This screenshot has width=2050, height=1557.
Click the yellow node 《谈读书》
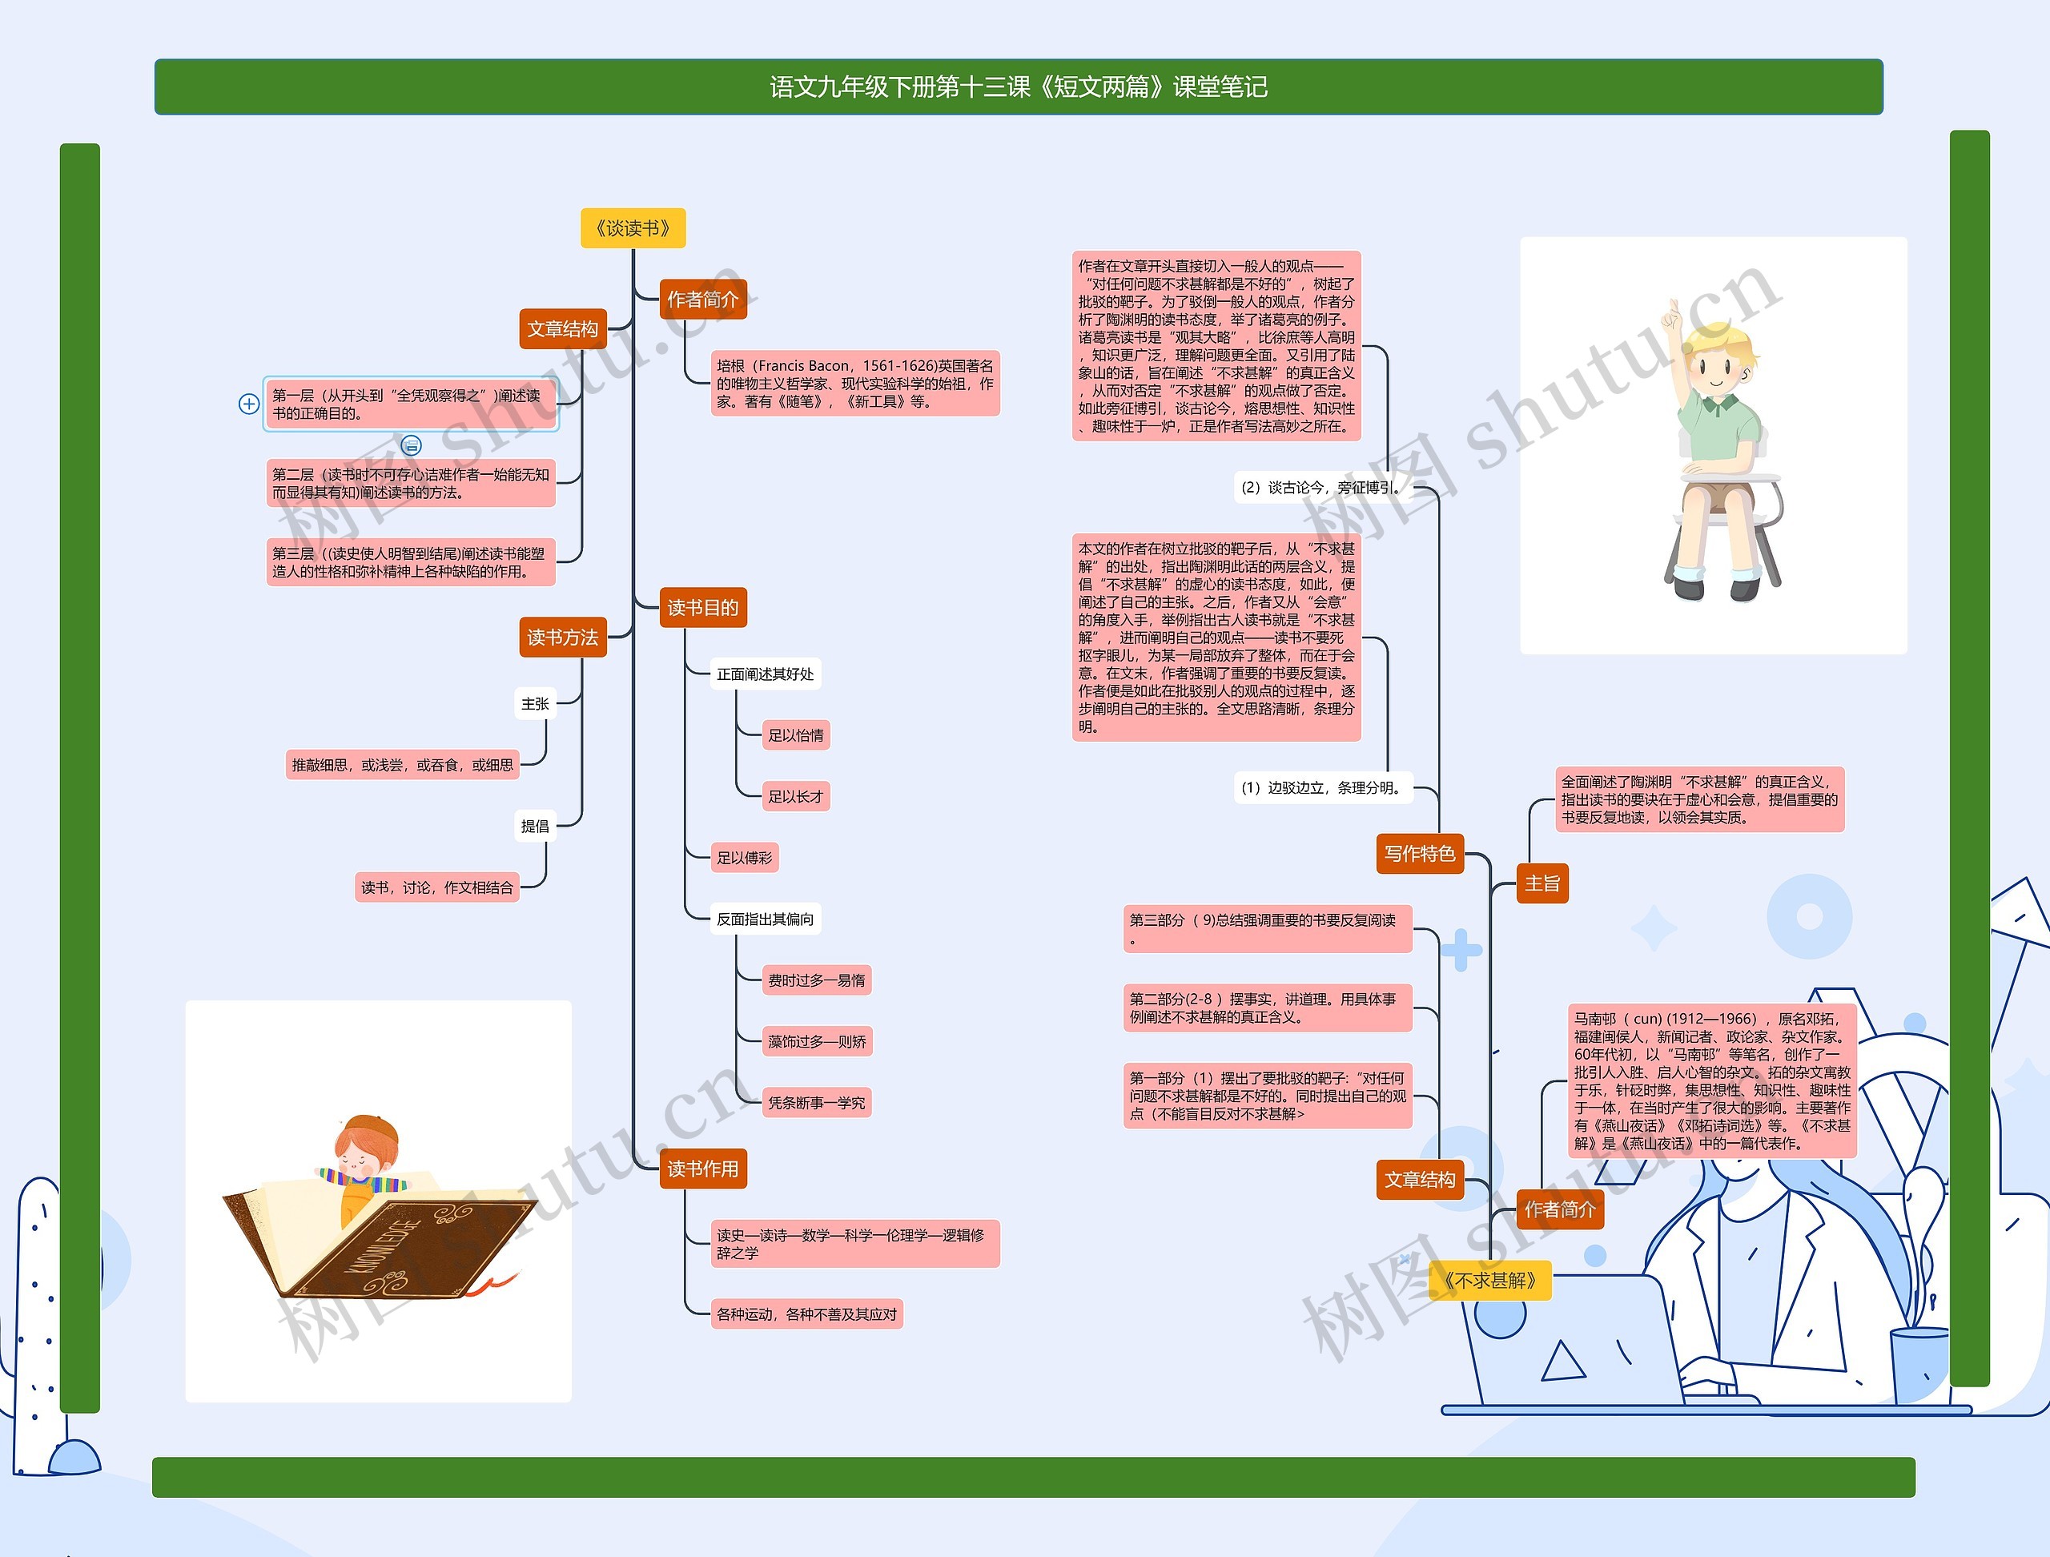pyautogui.click(x=633, y=228)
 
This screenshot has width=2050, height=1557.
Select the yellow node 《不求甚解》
pyautogui.click(x=1489, y=1280)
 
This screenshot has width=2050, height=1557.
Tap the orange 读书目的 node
pyautogui.click(x=702, y=608)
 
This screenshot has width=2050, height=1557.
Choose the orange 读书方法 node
pyautogui.click(x=562, y=638)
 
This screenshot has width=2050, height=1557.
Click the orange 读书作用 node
pyautogui.click(x=702, y=1169)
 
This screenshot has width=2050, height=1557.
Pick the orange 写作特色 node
pyautogui.click(x=1419, y=854)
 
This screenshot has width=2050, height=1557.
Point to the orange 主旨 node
pyautogui.click(x=1542, y=883)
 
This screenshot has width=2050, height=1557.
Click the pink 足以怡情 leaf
pyautogui.click(x=795, y=735)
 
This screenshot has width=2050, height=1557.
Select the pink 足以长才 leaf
pyautogui.click(x=795, y=796)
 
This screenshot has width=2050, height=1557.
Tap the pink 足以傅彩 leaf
pyautogui.click(x=744, y=857)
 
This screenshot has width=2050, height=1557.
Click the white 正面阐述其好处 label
pyautogui.click(x=765, y=674)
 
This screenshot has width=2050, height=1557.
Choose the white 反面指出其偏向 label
pyautogui.click(x=765, y=919)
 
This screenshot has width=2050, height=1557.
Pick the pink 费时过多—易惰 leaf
pyautogui.click(x=815, y=980)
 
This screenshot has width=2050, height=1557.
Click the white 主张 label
pyautogui.click(x=535, y=703)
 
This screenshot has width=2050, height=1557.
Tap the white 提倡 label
pyautogui.click(x=535, y=826)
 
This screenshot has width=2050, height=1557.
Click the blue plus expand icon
pyautogui.click(x=248, y=404)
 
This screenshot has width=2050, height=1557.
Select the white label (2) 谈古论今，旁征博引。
pyautogui.click(x=1321, y=488)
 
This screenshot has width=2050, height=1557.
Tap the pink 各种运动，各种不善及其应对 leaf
pyautogui.click(x=806, y=1314)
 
